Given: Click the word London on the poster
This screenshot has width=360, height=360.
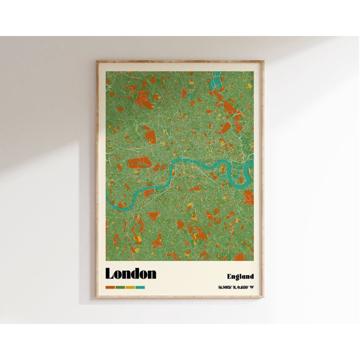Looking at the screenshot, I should click(x=130, y=274).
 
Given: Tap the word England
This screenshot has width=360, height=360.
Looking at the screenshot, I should click(x=240, y=276).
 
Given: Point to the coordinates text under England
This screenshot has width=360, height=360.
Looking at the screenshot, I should click(x=236, y=288).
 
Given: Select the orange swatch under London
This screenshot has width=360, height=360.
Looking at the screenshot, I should click(x=110, y=287).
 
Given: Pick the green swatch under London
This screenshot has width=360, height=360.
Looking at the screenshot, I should click(x=120, y=287).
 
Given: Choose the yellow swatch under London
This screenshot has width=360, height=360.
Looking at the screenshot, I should click(x=130, y=287).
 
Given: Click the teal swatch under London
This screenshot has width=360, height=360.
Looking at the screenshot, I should click(x=140, y=287).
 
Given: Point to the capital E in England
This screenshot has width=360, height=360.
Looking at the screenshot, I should click(x=229, y=276).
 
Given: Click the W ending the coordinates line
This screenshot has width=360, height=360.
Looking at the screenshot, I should click(x=251, y=288).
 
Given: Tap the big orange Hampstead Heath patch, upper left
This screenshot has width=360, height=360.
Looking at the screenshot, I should click(x=144, y=89).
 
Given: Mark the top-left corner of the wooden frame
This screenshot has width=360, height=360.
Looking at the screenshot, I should click(x=97, y=61).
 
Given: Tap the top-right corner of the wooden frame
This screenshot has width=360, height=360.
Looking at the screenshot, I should click(x=263, y=61).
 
